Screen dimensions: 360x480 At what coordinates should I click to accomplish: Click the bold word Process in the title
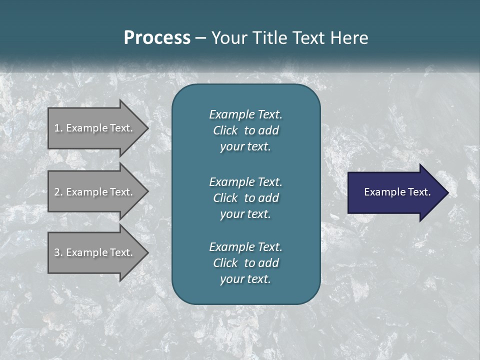[157, 38]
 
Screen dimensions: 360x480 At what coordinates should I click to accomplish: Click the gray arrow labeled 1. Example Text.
[95, 128]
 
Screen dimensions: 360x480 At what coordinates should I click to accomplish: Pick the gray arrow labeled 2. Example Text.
[95, 192]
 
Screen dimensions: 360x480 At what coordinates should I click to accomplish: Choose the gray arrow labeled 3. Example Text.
[95, 252]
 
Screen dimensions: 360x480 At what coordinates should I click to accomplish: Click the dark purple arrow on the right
[395, 192]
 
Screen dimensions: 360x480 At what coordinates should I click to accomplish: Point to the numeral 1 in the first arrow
[57, 128]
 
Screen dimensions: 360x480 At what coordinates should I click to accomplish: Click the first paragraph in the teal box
[245, 130]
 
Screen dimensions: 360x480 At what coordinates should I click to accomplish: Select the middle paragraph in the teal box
[245, 197]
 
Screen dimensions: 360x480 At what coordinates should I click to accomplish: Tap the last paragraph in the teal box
[245, 263]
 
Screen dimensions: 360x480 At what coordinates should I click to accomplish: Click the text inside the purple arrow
[397, 192]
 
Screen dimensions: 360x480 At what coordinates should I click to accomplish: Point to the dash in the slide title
[200, 38]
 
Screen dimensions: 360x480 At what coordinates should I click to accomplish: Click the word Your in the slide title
[228, 38]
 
